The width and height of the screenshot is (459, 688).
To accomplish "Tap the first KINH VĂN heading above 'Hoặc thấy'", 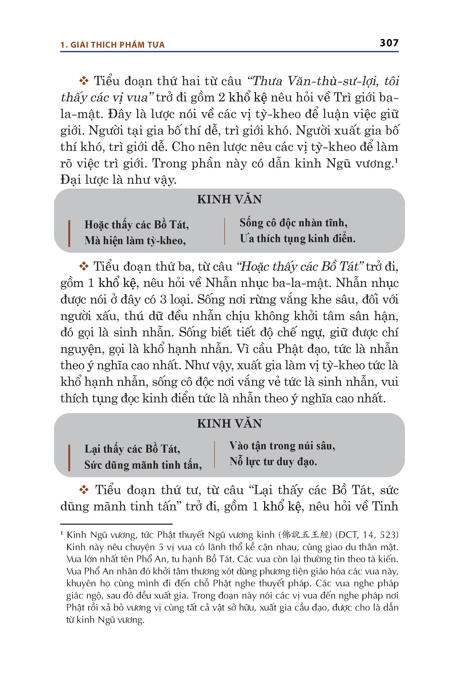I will pyautogui.click(x=229, y=199).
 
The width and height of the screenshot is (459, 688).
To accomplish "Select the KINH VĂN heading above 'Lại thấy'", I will pyautogui.click(x=229, y=424).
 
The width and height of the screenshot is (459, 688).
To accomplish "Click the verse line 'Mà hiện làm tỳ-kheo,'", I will pyautogui.click(x=135, y=241).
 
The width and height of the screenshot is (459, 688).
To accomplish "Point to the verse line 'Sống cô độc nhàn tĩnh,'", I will pyautogui.click(x=293, y=223).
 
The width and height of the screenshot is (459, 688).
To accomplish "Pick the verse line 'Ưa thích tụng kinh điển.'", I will pyautogui.click(x=297, y=239).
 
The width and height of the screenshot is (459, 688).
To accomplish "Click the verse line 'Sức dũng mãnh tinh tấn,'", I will pyautogui.click(x=143, y=465).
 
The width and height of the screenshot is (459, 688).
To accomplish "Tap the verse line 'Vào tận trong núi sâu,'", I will pyautogui.click(x=282, y=446).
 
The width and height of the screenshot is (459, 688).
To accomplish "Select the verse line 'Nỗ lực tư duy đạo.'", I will pyautogui.click(x=273, y=461).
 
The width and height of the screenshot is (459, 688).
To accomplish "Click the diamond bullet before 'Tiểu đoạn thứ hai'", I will pyautogui.click(x=84, y=81).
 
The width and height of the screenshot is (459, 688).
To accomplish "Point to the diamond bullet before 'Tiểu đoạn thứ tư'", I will pyautogui.click(x=84, y=490).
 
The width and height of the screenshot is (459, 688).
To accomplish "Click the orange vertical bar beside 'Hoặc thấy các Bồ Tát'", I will pyautogui.click(x=69, y=233).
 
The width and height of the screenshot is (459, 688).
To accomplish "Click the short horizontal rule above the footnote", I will pyautogui.click(x=116, y=524).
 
